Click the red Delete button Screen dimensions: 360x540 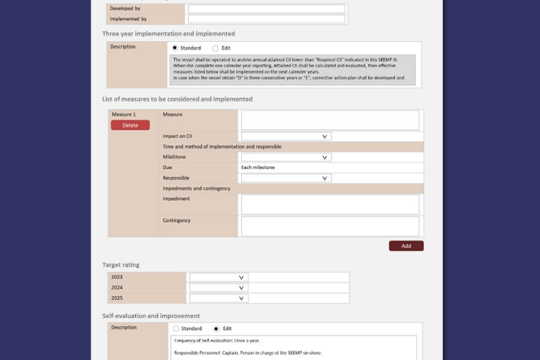pyautogui.click(x=130, y=125)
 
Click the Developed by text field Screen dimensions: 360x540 pyautogui.click(x=266, y=9)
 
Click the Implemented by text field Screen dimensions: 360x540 pyautogui.click(x=266, y=19)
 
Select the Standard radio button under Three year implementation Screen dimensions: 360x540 pyautogui.click(x=175, y=48)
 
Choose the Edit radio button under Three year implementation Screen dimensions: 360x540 pyautogui.click(x=215, y=48)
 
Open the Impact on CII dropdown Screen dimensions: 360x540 pyautogui.click(x=286, y=136)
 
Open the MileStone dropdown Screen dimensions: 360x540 pyautogui.click(x=286, y=157)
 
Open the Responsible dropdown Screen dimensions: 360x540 pyautogui.click(x=286, y=178)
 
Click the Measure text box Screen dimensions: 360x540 pyautogui.click(x=330, y=120)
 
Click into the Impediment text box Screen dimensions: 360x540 pyautogui.click(x=330, y=205)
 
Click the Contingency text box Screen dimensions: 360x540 pyautogui.click(x=330, y=226)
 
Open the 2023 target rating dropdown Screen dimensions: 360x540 pyautogui.click(x=218, y=277)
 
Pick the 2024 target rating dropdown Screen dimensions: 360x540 pyautogui.click(x=218, y=288)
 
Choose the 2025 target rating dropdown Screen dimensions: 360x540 pyautogui.click(x=218, y=298)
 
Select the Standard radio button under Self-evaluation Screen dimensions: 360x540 pyautogui.click(x=176, y=329)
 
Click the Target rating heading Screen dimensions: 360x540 pyautogui.click(x=121, y=265)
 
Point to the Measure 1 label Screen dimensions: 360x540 pyautogui.click(x=124, y=114)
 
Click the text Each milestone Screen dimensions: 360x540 pyautogui.click(x=258, y=167)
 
